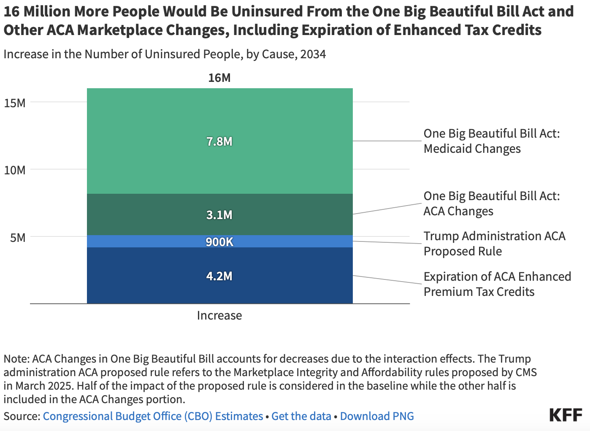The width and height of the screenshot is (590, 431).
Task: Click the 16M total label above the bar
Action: [x=219, y=78]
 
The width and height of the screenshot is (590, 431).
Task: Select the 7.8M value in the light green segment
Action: [x=219, y=141]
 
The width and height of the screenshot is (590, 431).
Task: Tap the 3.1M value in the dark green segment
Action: [x=219, y=215]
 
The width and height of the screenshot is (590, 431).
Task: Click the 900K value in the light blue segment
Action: [x=219, y=242]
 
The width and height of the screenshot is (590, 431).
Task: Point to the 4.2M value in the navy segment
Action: [x=219, y=276]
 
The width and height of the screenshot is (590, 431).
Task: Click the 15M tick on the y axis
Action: [x=15, y=103]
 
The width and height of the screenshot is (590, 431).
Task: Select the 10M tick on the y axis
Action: [x=15, y=170]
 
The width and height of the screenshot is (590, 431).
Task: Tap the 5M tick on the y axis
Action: [x=18, y=238]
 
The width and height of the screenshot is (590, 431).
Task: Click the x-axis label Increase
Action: [x=219, y=315]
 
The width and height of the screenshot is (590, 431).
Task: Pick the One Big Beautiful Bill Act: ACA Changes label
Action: [x=491, y=203]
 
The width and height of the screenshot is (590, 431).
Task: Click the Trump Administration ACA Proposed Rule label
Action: [x=494, y=244]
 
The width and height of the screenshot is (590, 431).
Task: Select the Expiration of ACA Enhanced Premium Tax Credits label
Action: [x=497, y=284]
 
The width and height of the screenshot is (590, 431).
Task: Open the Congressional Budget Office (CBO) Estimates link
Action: [x=153, y=416]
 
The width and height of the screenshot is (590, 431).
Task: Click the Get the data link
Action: [x=301, y=416]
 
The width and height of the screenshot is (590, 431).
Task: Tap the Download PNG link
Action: [x=376, y=416]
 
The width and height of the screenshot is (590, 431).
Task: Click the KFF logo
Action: [x=566, y=415]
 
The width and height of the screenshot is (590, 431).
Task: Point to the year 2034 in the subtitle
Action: [x=313, y=54]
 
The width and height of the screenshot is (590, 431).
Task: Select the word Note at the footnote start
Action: [x=16, y=359]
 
